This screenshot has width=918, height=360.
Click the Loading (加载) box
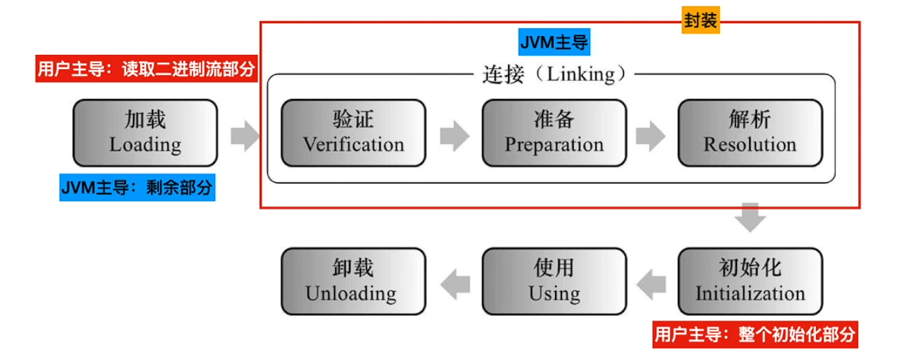145,132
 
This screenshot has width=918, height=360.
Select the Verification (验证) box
353,132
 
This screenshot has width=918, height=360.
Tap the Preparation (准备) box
554,132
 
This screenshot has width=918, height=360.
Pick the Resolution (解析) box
750,132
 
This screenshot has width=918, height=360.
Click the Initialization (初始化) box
750,281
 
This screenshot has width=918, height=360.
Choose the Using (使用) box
554,281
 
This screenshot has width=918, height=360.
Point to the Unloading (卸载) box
353,281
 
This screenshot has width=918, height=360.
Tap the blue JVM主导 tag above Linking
554,43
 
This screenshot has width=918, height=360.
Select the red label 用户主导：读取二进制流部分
146,70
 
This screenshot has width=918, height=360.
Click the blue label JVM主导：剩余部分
137,188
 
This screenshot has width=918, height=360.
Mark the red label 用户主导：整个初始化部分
756,335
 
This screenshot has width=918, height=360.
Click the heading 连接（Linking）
554,74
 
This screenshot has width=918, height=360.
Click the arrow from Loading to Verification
245,135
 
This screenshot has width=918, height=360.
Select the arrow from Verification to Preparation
454,135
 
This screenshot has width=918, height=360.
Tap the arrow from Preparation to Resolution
651,135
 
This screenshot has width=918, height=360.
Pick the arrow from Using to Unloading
454,283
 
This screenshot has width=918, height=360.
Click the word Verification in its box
353,145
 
